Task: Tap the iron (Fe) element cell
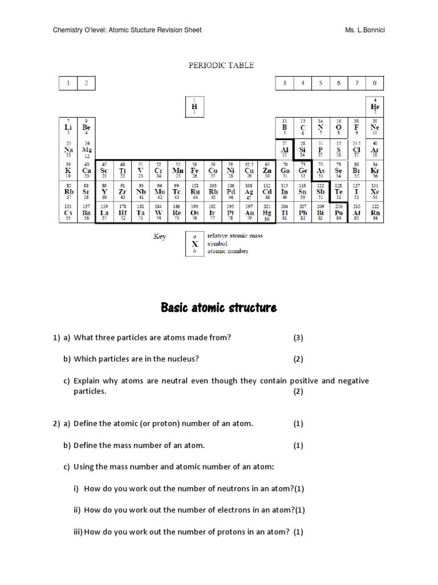point(194,170)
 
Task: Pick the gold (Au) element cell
point(249,213)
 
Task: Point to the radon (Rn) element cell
point(375,213)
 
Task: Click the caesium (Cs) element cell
point(68,213)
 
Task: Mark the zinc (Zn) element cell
point(267,170)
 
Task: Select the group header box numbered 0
point(375,83)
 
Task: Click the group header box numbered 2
point(86,83)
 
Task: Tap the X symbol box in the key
point(194,243)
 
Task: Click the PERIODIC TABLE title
point(221,65)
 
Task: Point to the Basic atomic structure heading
point(219,308)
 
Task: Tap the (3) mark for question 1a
point(298,338)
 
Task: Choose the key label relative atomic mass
point(235,235)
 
